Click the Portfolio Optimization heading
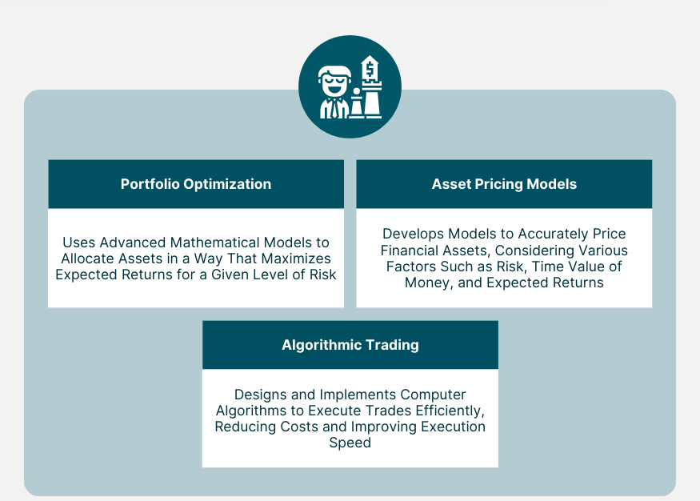[x=196, y=184]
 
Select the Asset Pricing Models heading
[x=504, y=184]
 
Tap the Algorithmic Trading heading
[x=350, y=345]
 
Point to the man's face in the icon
[x=334, y=84]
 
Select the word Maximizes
[x=295, y=258]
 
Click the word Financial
[x=410, y=250]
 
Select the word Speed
[x=350, y=443]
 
